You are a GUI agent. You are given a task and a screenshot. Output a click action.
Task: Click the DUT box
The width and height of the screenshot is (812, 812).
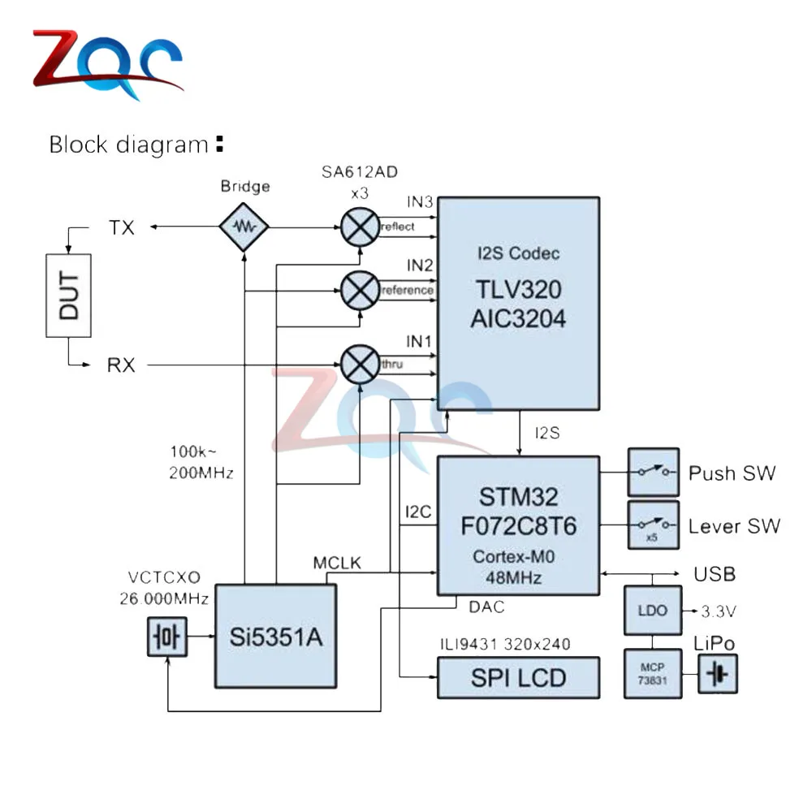[68, 296]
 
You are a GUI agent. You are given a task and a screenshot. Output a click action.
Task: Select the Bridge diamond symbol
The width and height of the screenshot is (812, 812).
[244, 227]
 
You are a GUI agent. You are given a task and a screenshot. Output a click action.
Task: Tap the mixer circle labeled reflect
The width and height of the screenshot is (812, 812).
[360, 227]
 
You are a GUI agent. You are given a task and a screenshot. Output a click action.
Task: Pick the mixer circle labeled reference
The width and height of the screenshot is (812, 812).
[360, 291]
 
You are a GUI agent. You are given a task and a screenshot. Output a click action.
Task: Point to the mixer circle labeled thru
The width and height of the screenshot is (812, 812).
[360, 365]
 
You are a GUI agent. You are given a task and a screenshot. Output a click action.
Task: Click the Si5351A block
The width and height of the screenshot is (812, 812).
[276, 637]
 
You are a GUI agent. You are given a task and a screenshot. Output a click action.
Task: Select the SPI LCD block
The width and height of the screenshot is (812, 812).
[518, 678]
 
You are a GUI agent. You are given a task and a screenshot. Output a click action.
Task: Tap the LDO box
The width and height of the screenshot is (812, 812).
[653, 611]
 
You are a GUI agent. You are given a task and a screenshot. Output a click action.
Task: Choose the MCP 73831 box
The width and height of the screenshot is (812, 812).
[653, 674]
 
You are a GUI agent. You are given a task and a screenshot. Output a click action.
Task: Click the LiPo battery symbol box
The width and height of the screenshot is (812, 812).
[718, 674]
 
